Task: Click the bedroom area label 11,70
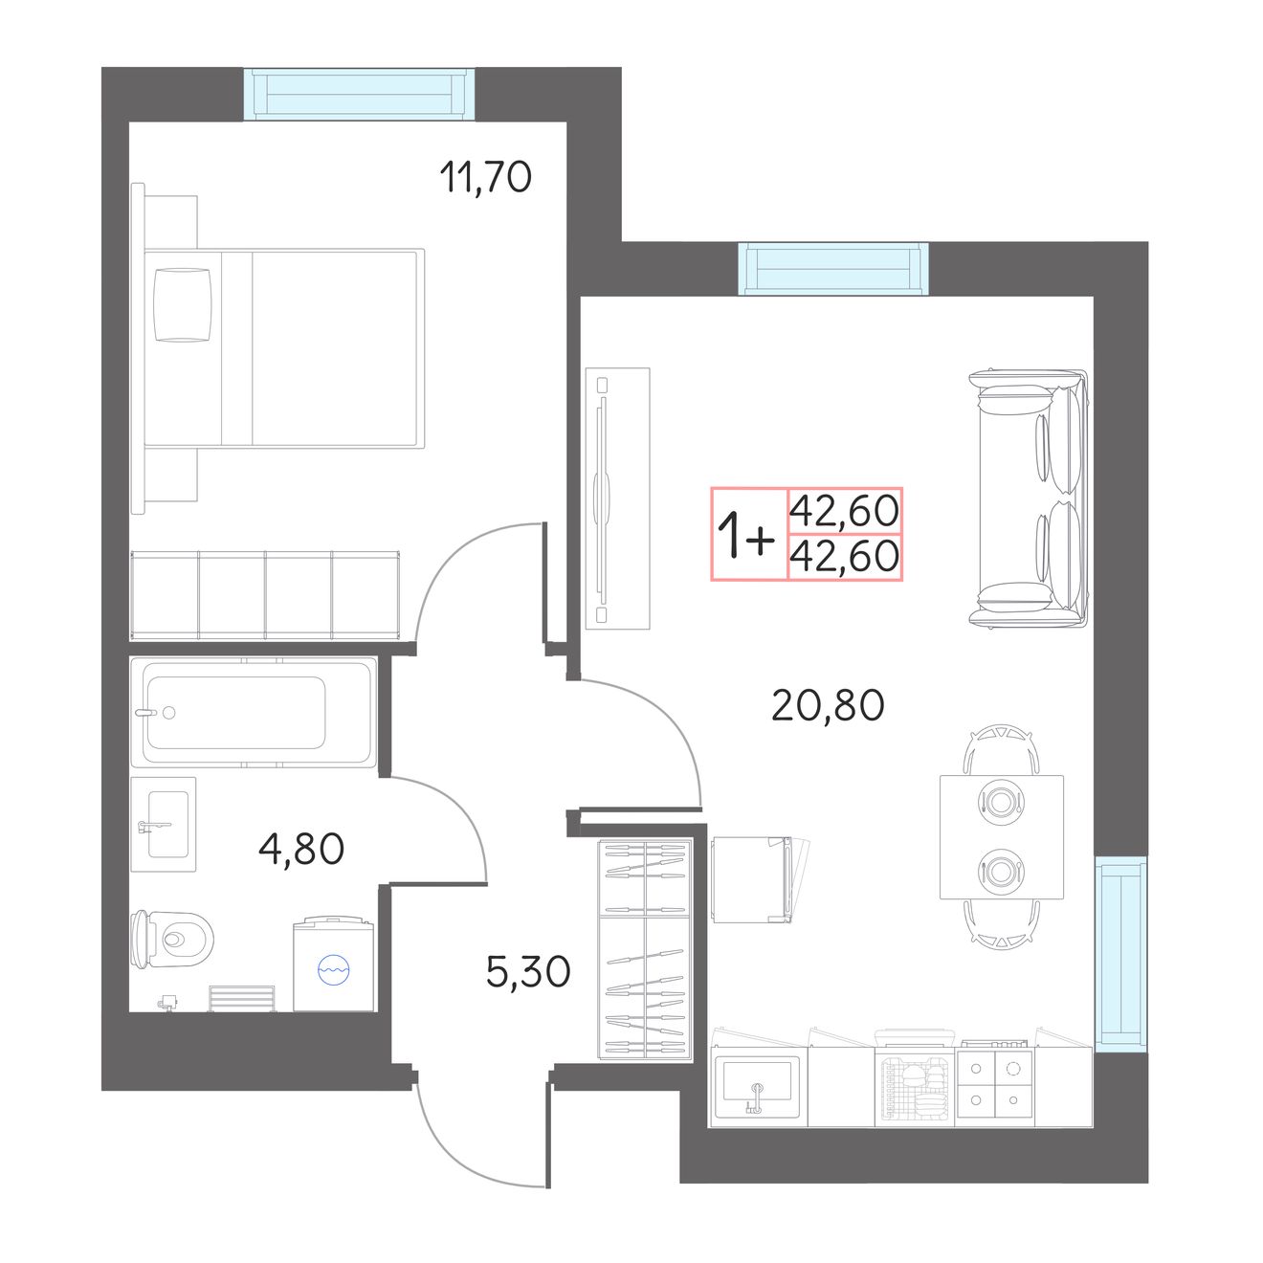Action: [485, 177]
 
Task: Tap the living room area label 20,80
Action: [828, 705]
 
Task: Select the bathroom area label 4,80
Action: [301, 849]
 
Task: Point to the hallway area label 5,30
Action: [528, 971]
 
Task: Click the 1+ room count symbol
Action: [746, 534]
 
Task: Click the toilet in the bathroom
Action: [171, 940]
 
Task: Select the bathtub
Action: [253, 712]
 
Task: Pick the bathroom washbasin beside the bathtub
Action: [164, 825]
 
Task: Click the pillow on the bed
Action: [183, 305]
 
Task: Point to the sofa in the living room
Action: [1029, 499]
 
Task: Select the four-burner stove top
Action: [995, 1083]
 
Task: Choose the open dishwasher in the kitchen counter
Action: [915, 1078]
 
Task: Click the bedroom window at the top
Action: [359, 94]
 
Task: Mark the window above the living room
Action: [833, 268]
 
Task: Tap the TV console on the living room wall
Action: [617, 499]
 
